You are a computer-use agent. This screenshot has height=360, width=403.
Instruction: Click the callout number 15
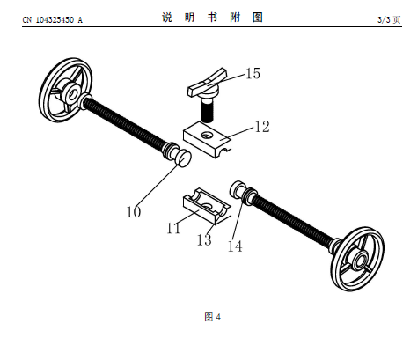tap(253, 73)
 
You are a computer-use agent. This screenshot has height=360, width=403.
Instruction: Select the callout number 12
tap(262, 127)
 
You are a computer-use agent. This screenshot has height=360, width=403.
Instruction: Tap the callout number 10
tap(134, 212)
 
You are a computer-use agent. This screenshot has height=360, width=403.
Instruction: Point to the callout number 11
tap(173, 228)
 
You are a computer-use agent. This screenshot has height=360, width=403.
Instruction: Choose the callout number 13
tap(204, 240)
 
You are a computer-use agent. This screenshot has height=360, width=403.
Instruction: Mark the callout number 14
tap(235, 246)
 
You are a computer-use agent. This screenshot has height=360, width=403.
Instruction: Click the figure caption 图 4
tap(213, 317)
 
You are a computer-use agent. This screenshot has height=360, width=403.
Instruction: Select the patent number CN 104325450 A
tap(53, 20)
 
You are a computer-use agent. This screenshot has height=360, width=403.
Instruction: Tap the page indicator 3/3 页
tap(389, 19)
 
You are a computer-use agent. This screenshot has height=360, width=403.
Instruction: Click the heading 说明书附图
tap(212, 18)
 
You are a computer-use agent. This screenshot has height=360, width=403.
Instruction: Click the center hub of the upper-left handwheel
tap(71, 93)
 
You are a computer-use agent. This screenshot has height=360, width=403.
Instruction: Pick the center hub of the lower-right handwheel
tap(360, 261)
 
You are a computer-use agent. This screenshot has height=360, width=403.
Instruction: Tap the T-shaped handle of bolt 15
tap(207, 83)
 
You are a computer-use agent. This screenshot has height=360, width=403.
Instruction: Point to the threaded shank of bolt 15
tap(207, 110)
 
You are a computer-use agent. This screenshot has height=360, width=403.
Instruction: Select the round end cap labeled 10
tap(185, 158)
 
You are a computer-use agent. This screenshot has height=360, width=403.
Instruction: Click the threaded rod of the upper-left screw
tap(124, 122)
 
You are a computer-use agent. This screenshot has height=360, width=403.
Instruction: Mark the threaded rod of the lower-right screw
tap(293, 219)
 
